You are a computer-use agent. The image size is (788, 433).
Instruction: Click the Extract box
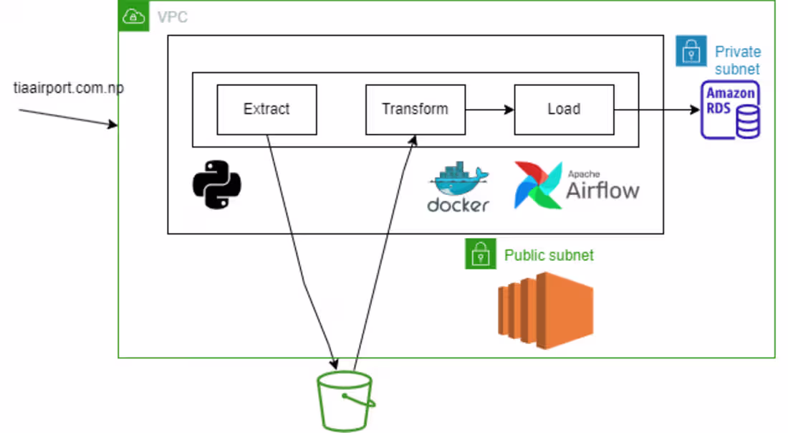266,110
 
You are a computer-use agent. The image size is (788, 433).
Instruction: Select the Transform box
415,110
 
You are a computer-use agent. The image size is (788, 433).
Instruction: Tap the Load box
564,110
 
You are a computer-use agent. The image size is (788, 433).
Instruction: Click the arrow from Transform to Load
489,110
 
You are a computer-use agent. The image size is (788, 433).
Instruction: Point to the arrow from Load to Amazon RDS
656,110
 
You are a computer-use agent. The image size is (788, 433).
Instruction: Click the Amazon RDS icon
730,110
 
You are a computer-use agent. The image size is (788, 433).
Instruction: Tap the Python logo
217,184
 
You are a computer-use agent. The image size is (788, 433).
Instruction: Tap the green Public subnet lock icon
481,254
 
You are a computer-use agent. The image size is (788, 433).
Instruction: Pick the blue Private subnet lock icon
691,51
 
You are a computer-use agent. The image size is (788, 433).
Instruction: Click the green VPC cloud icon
133,16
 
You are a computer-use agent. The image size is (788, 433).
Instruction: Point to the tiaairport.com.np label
69,88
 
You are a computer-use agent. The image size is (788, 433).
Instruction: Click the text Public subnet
549,255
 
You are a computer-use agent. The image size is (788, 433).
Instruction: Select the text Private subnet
738,60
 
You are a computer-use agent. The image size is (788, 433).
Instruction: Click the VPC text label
172,17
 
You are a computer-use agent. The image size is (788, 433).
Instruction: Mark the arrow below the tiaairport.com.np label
68,118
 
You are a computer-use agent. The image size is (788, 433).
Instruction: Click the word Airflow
602,191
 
